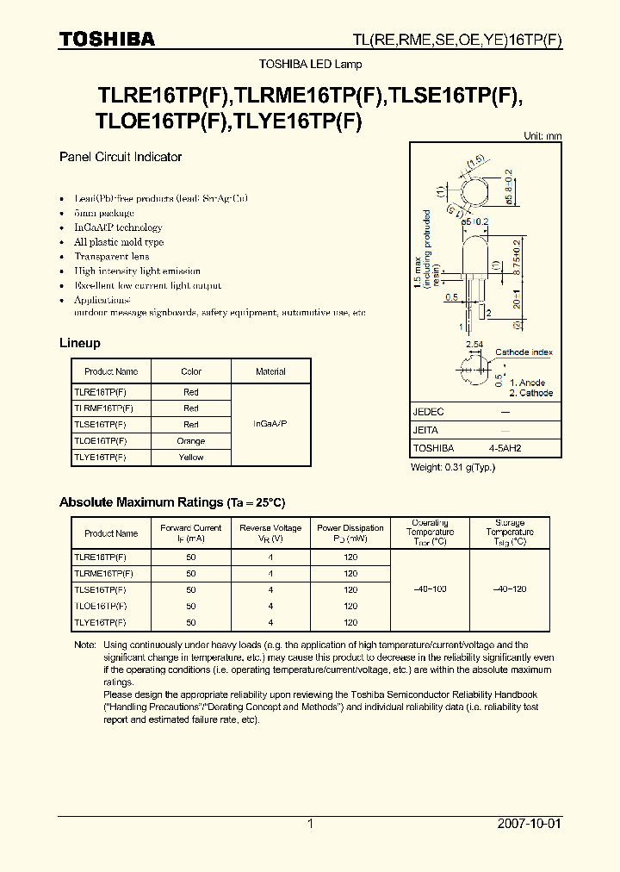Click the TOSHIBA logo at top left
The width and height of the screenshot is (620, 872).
click(107, 39)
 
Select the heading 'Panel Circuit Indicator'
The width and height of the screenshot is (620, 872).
click(120, 157)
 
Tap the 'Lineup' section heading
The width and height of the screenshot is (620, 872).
click(79, 343)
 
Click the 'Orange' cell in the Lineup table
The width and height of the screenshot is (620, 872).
click(191, 440)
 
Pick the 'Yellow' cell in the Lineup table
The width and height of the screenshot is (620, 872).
click(191, 457)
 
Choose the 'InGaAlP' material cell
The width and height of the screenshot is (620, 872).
click(270, 424)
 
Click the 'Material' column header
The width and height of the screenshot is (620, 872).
click(270, 371)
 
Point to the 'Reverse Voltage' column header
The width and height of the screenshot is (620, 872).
click(270, 533)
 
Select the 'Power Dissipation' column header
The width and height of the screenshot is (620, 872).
click(350, 533)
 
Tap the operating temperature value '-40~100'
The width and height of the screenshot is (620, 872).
click(430, 589)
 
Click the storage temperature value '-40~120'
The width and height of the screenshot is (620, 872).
click(510, 589)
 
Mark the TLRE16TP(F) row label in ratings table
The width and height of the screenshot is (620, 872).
click(100, 557)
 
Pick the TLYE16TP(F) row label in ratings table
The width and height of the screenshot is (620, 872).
click(100, 622)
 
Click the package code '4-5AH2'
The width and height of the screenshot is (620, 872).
click(505, 448)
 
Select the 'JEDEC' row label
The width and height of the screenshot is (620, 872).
click(428, 412)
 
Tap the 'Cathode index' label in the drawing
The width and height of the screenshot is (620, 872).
click(523, 352)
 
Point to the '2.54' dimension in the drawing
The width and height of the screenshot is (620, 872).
click(474, 344)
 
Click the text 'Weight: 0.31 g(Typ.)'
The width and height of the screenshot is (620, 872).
click(453, 467)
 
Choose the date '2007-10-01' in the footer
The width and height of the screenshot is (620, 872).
click(530, 824)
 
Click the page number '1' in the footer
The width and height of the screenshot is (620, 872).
click(310, 824)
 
